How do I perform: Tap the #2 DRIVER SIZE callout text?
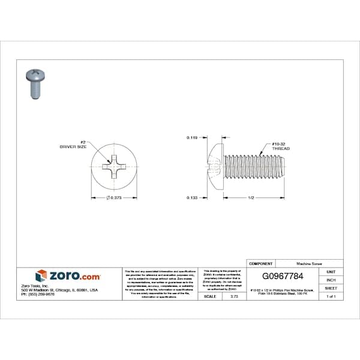point(70,143)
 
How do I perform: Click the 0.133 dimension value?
point(192,197)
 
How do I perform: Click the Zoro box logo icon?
point(41,276)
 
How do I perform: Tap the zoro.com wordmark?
point(75,276)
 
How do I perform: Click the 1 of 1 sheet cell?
point(331,296)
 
